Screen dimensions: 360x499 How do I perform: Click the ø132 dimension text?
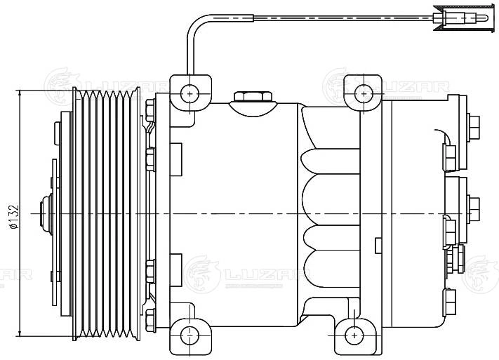point(12,215)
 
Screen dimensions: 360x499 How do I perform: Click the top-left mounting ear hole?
point(189,93)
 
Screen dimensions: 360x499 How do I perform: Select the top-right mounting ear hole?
point(363,93)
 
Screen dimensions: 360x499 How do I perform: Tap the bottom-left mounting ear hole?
point(189,335)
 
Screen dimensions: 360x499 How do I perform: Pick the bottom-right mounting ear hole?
point(357,334)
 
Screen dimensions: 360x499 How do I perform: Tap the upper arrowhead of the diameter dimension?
point(21,94)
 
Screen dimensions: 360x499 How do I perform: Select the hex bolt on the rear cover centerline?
point(474,208)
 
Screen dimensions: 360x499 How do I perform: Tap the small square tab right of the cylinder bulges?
point(379,245)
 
